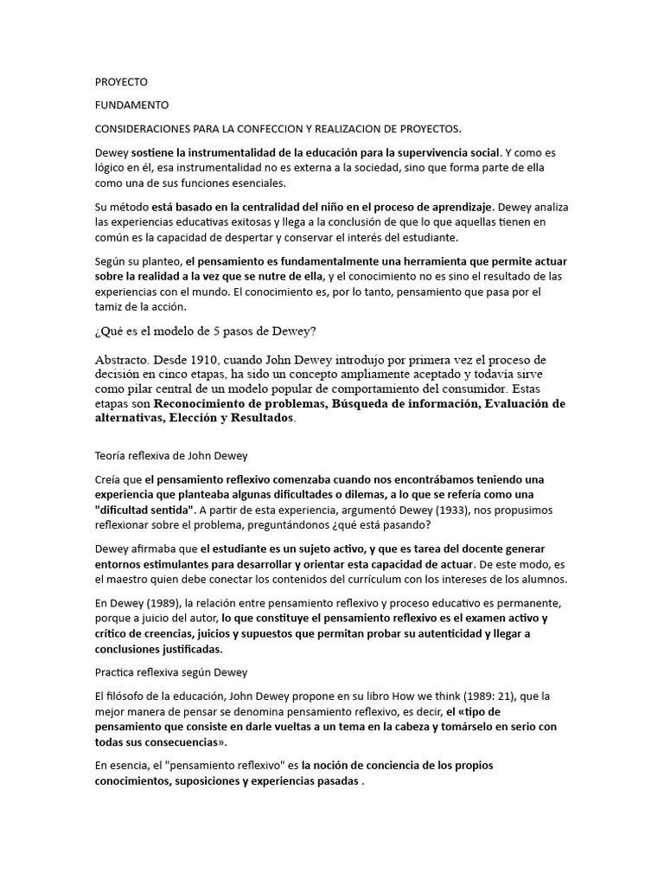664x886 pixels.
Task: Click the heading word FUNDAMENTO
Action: click(x=131, y=105)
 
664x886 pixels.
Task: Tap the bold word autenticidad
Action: click(x=446, y=633)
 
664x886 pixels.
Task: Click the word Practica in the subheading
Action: click(x=116, y=671)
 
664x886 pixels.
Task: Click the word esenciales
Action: click(x=250, y=183)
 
